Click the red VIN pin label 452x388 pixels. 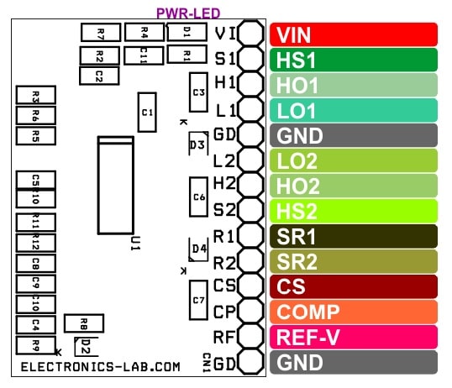[354, 34]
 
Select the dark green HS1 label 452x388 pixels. [354, 60]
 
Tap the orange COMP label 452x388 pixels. [354, 312]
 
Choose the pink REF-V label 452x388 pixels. [354, 337]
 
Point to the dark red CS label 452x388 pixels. [354, 286]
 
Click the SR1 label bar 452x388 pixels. [354, 236]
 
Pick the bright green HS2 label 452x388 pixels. [354, 211]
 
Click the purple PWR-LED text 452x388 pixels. [188, 13]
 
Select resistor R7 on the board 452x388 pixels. [101, 32]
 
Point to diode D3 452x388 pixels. [198, 144]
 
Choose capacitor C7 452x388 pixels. [198, 300]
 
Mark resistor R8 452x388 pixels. [84, 323]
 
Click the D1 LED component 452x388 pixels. [187, 32]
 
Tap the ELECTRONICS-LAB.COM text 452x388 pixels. [101, 367]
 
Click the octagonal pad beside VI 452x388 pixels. [251, 33]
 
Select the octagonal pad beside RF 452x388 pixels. [251, 336]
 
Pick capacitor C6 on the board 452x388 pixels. [198, 197]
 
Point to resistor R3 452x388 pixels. [36, 95]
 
